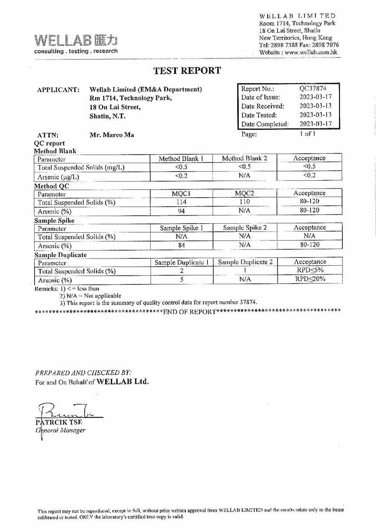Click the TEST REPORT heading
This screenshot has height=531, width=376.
pos(187,71)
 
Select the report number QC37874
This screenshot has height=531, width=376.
pos(313,88)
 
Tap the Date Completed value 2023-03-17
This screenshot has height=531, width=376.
pos(315,124)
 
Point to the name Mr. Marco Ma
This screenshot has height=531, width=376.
pos(112,135)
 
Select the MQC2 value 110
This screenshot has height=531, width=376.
pos(244,202)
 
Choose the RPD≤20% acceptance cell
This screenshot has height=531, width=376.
pos(310,279)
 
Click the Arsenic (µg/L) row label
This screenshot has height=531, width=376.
pos(58,177)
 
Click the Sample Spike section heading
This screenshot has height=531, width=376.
pos(54,220)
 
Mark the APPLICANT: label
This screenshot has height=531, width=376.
pos(58,89)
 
